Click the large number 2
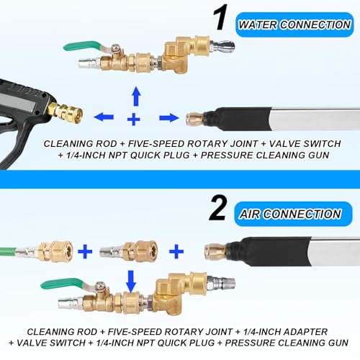coord(217,207)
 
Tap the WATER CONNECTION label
coord(294,24)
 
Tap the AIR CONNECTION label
coord(293,214)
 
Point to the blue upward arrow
coord(136,96)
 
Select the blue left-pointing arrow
coord(104,117)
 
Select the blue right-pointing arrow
coord(169,117)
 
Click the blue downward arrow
coord(131,282)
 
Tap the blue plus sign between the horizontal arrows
coord(134,119)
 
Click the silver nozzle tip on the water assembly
coord(222,45)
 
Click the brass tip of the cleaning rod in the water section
coord(195,118)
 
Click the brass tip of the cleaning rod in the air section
coord(215,251)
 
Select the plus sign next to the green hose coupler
coord(85,251)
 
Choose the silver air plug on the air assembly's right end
coord(221,283)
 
